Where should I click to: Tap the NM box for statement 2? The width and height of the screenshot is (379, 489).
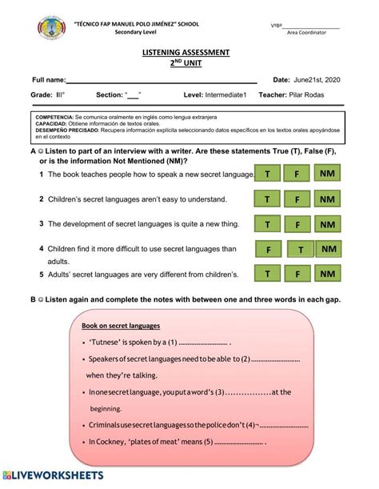(x=326, y=199)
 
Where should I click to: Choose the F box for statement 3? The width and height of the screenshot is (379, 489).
(x=297, y=225)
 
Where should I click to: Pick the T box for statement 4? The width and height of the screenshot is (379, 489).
(x=301, y=251)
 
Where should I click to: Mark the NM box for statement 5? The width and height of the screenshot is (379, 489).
(x=326, y=275)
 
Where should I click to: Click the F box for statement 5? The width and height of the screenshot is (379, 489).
(x=297, y=275)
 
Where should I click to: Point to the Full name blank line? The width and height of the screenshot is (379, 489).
(x=160, y=81)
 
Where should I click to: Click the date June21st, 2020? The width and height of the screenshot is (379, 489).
(x=318, y=81)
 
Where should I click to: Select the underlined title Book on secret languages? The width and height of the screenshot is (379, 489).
(x=121, y=326)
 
